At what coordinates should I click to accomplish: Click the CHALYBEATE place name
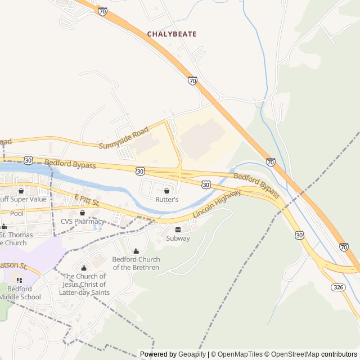click(x=172, y=34)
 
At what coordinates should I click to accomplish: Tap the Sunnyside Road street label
click(x=124, y=138)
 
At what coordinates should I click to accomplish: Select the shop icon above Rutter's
click(x=166, y=191)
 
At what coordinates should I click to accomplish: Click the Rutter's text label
click(x=167, y=200)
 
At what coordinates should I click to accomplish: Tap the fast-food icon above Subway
click(x=178, y=229)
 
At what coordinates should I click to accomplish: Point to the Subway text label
click(x=178, y=238)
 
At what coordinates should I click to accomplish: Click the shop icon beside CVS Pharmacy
click(x=83, y=213)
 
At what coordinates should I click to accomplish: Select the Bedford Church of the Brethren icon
click(x=136, y=251)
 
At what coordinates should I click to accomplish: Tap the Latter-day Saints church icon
click(x=84, y=268)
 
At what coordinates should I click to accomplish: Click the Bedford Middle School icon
click(x=20, y=280)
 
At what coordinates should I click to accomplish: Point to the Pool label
click(x=17, y=214)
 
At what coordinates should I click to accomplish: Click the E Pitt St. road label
click(x=87, y=199)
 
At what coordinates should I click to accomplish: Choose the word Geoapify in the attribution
click(x=192, y=354)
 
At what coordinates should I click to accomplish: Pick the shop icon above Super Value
click(x=21, y=191)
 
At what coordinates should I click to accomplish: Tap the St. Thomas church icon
click(x=3, y=227)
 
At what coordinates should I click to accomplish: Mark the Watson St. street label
click(x=14, y=265)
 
